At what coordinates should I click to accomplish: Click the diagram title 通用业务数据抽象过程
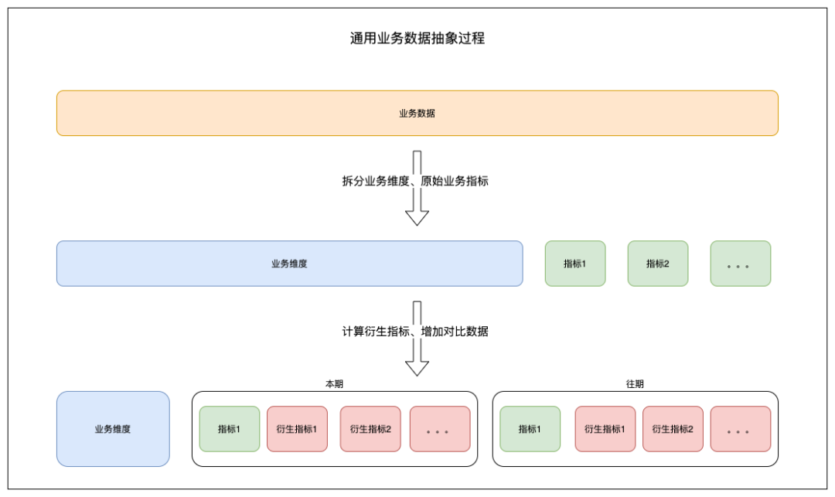pyautogui.click(x=417, y=39)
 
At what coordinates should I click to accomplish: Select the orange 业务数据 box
pyautogui.click(x=417, y=114)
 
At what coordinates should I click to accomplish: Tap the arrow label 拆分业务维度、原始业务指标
pyautogui.click(x=415, y=181)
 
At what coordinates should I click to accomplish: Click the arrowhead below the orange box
pyautogui.click(x=417, y=218)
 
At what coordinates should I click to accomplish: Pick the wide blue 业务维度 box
pyautogui.click(x=290, y=264)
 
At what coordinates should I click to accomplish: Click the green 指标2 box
pyautogui.click(x=658, y=264)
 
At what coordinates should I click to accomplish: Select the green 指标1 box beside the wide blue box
pyautogui.click(x=575, y=264)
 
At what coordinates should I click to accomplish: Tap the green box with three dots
pyautogui.click(x=740, y=264)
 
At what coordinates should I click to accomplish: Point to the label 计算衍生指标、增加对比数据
pyautogui.click(x=415, y=332)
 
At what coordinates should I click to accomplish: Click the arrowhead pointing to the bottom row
pyautogui.click(x=417, y=369)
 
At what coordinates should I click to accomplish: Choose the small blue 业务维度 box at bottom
pyautogui.click(x=113, y=429)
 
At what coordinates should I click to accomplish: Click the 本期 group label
pyautogui.click(x=335, y=383)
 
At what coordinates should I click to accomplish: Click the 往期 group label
pyautogui.click(x=635, y=383)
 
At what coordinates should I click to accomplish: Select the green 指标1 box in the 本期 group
pyautogui.click(x=230, y=429)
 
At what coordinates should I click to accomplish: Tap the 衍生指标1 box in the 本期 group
pyautogui.click(x=297, y=429)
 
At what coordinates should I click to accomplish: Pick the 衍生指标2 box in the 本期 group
pyautogui.click(x=370, y=429)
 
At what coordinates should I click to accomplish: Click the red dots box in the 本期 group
pyautogui.click(x=440, y=429)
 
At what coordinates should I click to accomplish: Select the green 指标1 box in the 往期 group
pyautogui.click(x=530, y=429)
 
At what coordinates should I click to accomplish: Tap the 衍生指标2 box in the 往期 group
pyautogui.click(x=673, y=429)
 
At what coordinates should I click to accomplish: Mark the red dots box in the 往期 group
pyautogui.click(x=740, y=429)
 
